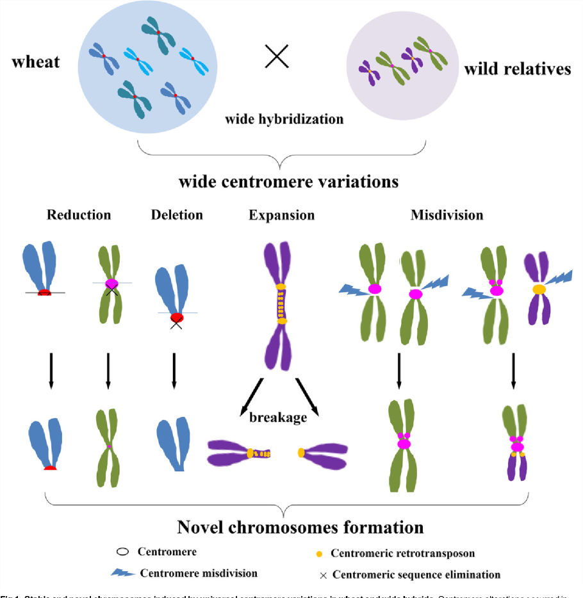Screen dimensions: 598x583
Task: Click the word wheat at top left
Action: (x=35, y=61)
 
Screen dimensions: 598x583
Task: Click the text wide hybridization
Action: (x=284, y=119)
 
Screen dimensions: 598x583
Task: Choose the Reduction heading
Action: (x=78, y=215)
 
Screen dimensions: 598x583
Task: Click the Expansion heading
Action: (x=281, y=215)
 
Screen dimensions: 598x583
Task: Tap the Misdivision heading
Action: (x=447, y=215)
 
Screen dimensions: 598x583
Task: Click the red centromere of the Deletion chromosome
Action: (x=176, y=317)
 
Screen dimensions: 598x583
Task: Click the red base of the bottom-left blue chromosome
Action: (x=51, y=469)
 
